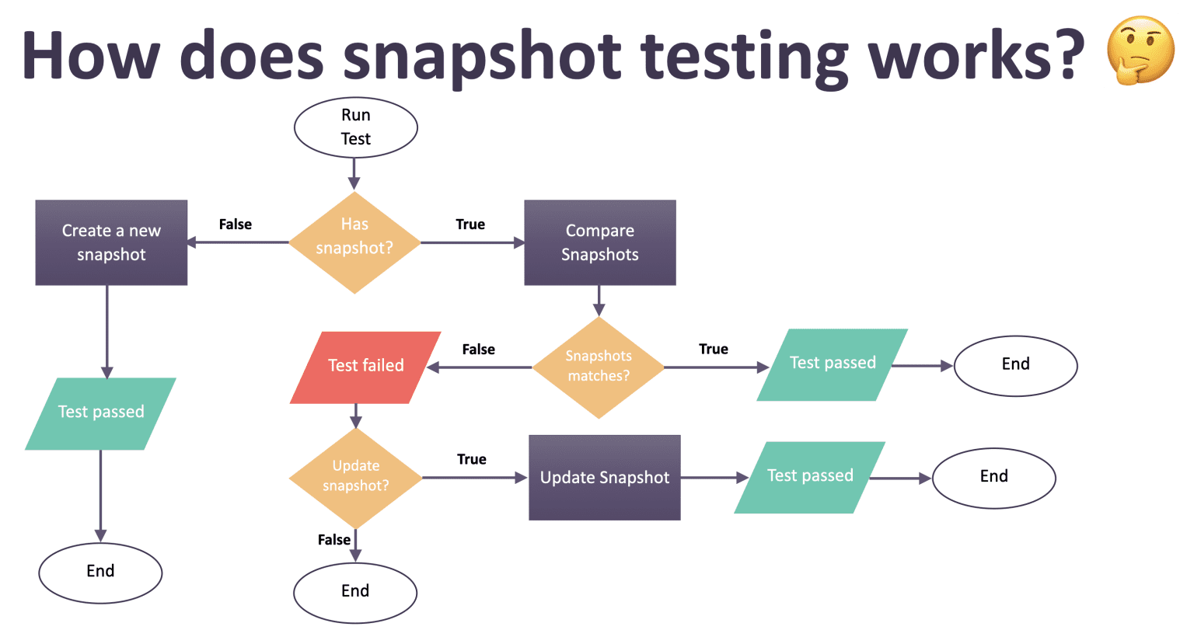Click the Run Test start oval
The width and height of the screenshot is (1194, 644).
pyautogui.click(x=355, y=127)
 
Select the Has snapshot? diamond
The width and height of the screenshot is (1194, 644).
pyautogui.click(x=354, y=242)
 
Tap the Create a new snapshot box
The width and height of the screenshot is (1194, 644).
pyautogui.click(x=111, y=242)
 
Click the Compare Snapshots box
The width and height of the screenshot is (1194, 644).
pyautogui.click(x=600, y=242)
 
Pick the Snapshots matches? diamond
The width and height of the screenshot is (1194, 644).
pyautogui.click(x=599, y=367)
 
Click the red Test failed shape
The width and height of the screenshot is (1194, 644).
pyautogui.click(x=365, y=367)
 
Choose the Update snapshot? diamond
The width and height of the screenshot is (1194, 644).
pyautogui.click(x=355, y=478)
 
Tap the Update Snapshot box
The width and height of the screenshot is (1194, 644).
pyautogui.click(x=605, y=477)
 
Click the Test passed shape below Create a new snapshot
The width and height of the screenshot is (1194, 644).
pyautogui.click(x=101, y=414)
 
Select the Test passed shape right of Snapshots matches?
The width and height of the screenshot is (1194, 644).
pyautogui.click(x=833, y=365)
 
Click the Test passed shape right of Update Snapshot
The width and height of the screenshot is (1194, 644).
pyautogui.click(x=810, y=477)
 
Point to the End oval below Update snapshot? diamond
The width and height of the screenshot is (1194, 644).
pyautogui.click(x=355, y=593)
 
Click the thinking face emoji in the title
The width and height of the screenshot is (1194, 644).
pyautogui.click(x=1140, y=50)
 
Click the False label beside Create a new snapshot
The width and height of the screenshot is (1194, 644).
pyautogui.click(x=235, y=225)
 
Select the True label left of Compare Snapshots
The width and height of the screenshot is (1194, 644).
pyautogui.click(x=470, y=225)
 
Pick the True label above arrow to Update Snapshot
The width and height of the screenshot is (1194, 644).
pyautogui.click(x=471, y=459)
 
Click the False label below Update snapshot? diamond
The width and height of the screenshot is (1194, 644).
pyautogui.click(x=334, y=540)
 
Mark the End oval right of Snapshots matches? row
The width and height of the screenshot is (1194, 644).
pyautogui.click(x=1015, y=366)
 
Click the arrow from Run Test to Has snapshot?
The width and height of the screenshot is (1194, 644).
pyautogui.click(x=354, y=174)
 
